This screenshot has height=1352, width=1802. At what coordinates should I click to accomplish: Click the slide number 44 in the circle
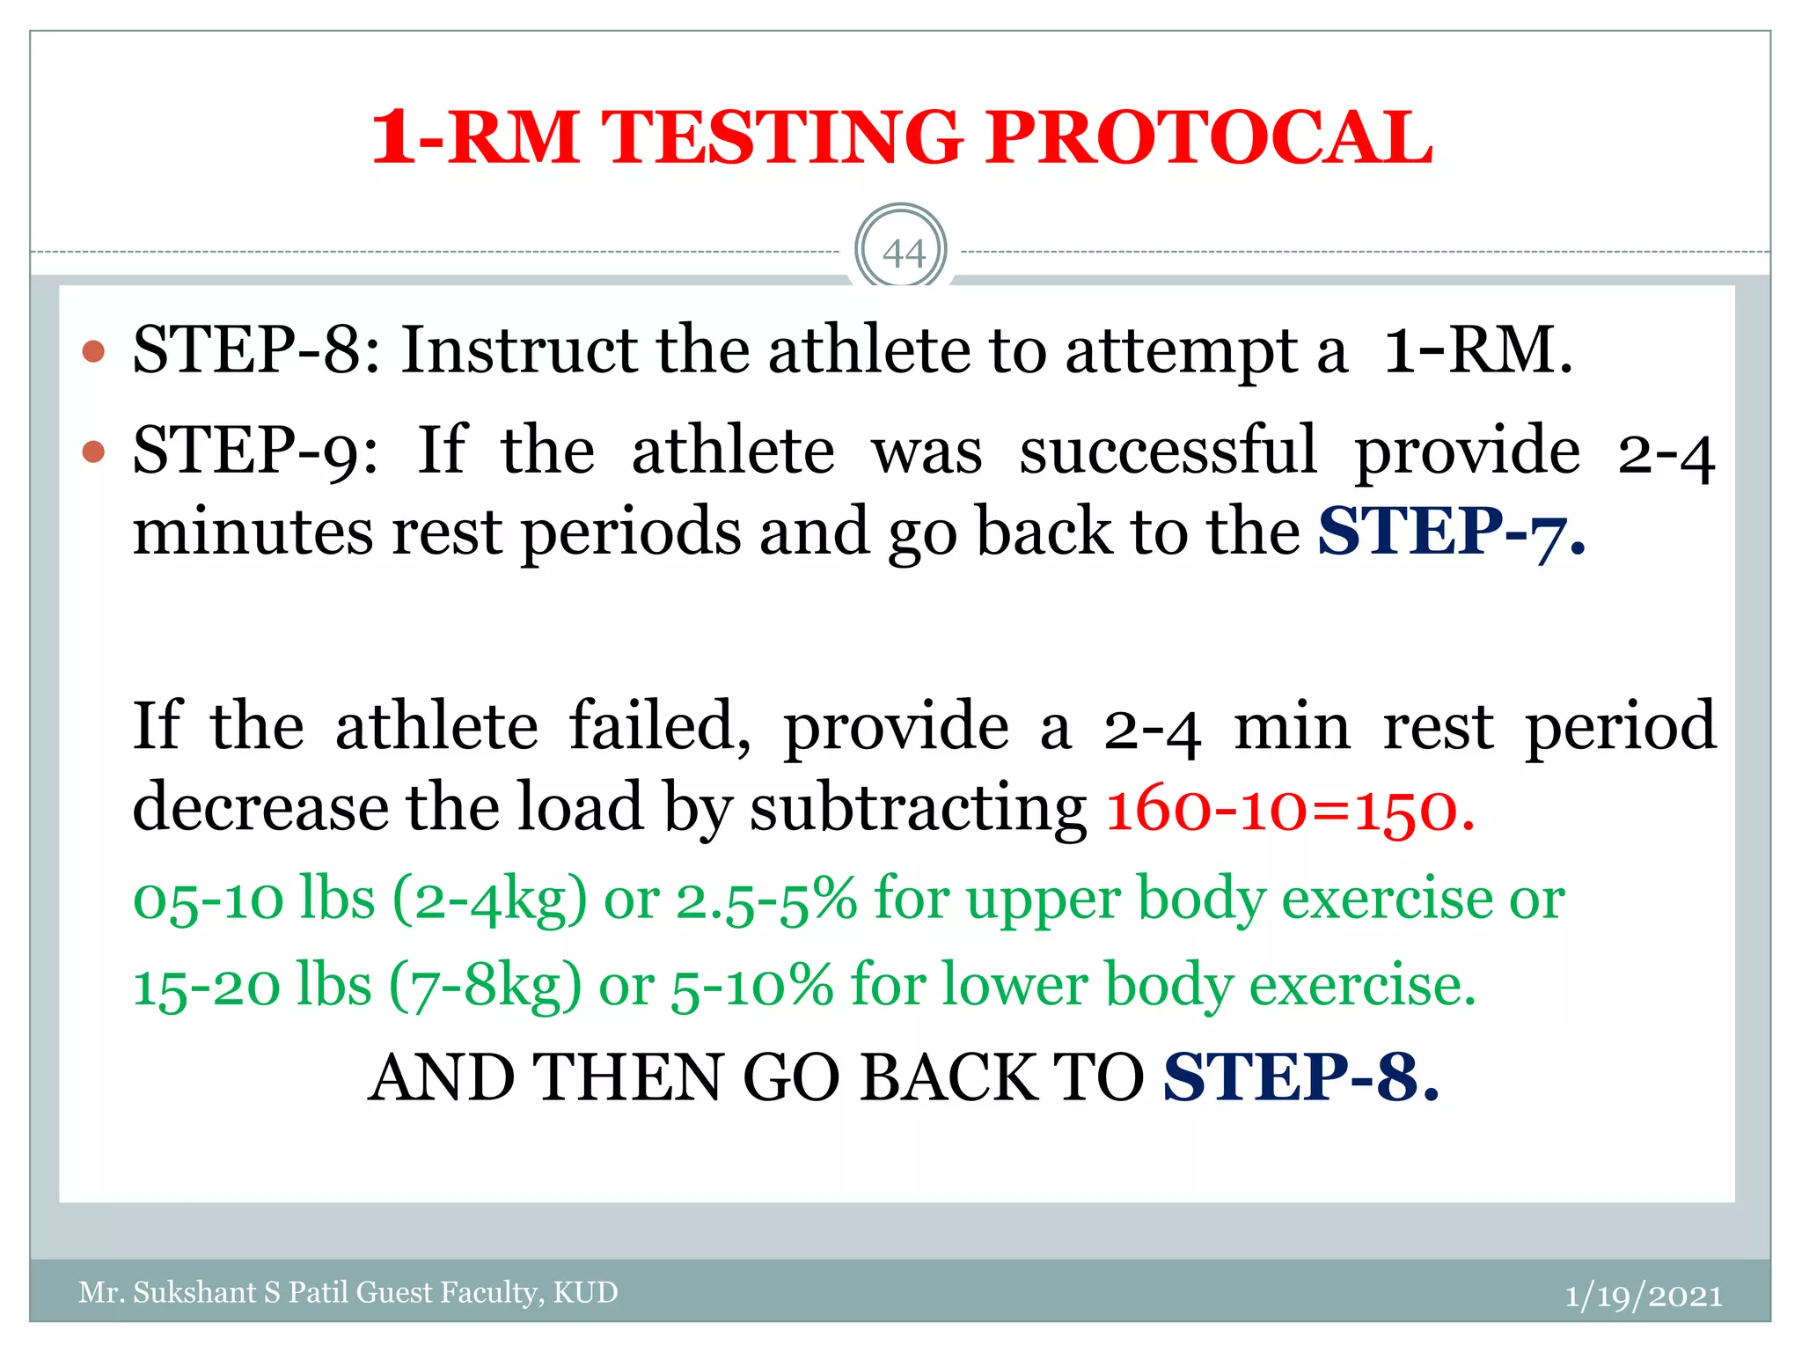point(903,253)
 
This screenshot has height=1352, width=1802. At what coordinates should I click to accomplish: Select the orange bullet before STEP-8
point(93,352)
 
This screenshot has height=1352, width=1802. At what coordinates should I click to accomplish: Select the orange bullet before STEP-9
point(93,452)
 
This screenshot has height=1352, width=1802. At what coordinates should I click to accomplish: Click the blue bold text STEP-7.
point(1451,532)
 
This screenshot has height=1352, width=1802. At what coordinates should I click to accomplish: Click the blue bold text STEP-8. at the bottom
point(1300,1077)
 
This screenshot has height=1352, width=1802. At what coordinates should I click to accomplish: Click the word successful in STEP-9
point(1168,452)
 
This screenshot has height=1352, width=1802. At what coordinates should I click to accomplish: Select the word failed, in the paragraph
point(660,727)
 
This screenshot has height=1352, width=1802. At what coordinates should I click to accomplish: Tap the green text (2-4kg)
point(489,900)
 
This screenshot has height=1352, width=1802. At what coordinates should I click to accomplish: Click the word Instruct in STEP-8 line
point(519,350)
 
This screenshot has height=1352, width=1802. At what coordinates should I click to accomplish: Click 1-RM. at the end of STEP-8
point(1477,350)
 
